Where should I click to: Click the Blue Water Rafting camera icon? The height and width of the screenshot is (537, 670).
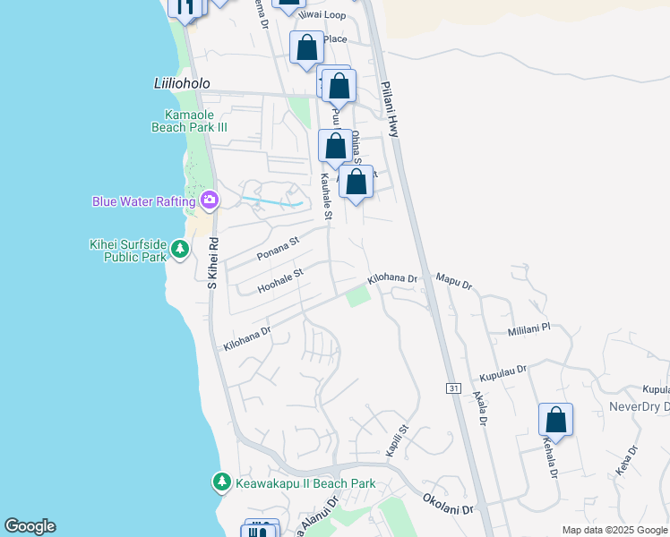click(210, 200)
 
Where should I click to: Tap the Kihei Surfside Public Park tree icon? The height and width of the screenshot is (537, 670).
click(180, 248)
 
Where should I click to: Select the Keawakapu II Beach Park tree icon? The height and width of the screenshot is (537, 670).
click(221, 483)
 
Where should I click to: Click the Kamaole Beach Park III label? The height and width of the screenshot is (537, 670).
click(195, 121)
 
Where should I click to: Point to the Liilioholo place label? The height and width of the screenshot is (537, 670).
click(181, 83)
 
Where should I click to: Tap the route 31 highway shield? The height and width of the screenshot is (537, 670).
click(453, 388)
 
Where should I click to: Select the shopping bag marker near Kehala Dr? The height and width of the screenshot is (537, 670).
click(555, 420)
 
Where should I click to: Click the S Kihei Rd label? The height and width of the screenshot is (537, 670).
click(213, 263)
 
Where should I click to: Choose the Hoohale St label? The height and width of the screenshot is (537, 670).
click(281, 279)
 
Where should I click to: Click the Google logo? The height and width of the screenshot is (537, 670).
click(30, 526)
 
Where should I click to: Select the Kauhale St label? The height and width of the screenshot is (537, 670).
click(326, 198)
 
